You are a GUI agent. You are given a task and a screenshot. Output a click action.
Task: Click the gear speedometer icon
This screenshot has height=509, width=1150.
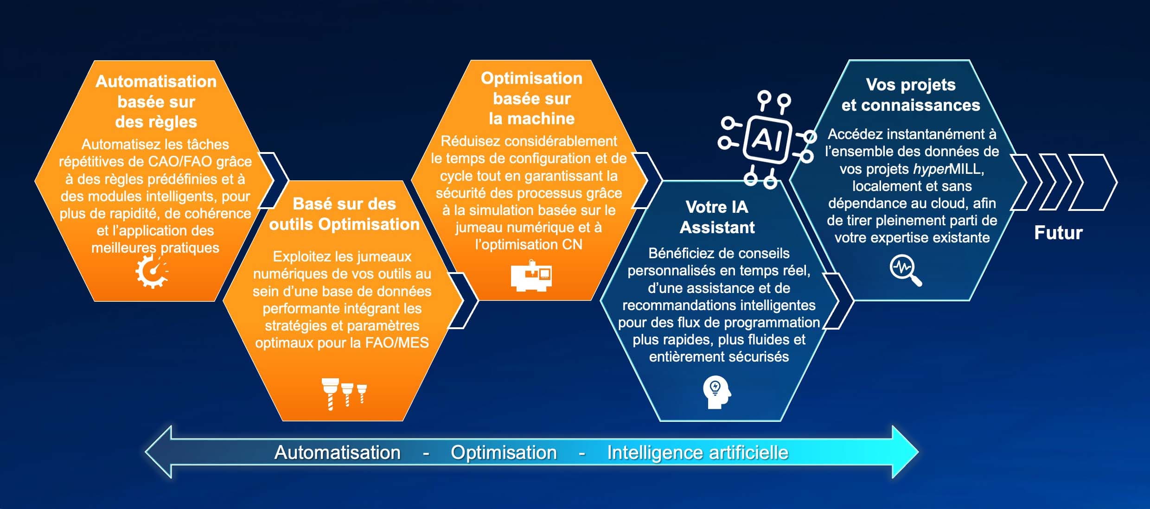coord(152,272)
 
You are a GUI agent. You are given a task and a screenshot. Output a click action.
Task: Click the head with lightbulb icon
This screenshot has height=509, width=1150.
coord(716,392)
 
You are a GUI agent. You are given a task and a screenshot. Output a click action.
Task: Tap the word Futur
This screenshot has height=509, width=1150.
coord(1058,233)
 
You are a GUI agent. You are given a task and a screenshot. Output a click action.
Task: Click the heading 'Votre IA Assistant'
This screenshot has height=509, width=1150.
coord(717,217)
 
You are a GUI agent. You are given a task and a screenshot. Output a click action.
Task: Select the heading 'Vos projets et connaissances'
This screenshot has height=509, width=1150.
coord(911,95)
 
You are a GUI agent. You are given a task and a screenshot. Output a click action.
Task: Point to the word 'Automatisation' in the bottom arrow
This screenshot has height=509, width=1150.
coord(338,452)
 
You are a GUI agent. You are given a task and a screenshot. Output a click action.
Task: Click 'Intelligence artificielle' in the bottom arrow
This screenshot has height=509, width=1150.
coord(698,453)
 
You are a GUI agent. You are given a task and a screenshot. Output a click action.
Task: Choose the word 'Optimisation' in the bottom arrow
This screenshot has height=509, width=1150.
coord(504,452)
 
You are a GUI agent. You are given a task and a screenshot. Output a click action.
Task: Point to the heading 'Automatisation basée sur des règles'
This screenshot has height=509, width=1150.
coord(156,102)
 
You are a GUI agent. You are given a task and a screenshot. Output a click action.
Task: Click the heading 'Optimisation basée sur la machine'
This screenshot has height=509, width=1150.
coord(531,98)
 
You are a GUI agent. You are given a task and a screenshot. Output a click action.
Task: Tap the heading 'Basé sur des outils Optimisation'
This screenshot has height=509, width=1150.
coord(344,214)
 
